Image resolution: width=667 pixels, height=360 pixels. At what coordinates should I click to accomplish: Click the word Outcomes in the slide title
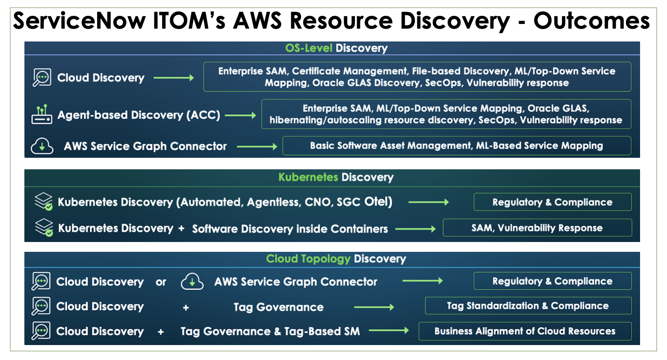coord(591,21)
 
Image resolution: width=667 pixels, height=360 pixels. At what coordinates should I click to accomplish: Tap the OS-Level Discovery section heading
coord(336,48)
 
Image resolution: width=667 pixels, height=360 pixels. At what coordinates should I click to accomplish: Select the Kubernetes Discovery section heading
coord(336,177)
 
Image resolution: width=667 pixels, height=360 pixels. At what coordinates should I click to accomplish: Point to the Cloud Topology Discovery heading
coord(336,259)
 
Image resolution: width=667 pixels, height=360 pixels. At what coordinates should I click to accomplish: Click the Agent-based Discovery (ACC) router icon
coord(41,115)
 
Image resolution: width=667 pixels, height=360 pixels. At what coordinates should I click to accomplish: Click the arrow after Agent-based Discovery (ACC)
coord(240,115)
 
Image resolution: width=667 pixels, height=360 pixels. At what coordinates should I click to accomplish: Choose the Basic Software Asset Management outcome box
coord(456,146)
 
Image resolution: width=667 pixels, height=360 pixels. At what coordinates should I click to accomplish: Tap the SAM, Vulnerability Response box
coord(537,228)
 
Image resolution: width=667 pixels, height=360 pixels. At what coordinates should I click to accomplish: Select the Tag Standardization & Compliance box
coord(528,306)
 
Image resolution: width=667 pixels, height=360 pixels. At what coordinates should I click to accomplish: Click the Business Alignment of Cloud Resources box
coord(525,331)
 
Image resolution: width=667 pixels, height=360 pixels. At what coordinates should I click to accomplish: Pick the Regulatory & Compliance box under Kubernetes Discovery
coord(552,202)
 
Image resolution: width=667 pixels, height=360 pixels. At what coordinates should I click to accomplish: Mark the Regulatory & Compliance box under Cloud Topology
coord(552,281)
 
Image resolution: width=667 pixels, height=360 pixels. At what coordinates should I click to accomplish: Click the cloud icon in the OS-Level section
coord(42,146)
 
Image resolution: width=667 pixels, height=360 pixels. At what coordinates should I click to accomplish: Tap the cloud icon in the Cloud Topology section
coord(192,282)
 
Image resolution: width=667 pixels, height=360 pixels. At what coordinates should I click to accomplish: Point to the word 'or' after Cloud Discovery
coord(161,282)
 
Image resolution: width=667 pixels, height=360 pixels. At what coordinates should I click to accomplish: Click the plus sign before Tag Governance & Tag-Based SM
coord(161,332)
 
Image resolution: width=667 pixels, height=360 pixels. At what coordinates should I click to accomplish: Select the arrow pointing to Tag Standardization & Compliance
coord(374,307)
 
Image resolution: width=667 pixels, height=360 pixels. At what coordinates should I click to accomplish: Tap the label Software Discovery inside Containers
coord(290,229)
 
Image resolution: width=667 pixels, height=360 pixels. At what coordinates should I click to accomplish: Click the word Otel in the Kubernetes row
coord(376,202)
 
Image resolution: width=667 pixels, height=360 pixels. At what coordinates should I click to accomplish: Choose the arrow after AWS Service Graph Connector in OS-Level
coord(257,147)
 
